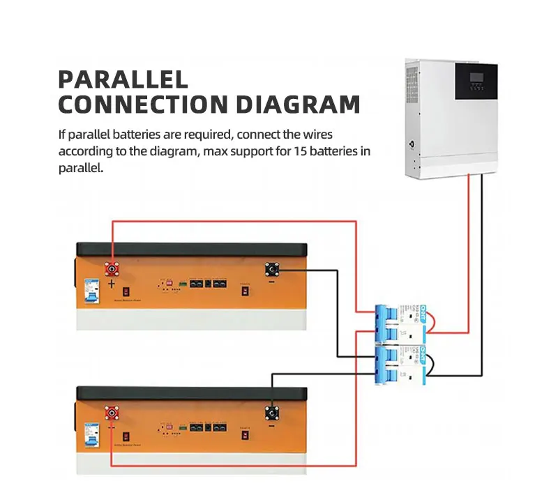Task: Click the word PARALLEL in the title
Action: click(x=123, y=77)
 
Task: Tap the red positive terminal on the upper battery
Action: click(x=112, y=268)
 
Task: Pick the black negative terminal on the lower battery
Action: click(x=271, y=414)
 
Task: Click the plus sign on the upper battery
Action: click(x=112, y=284)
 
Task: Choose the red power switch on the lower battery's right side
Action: click(x=245, y=436)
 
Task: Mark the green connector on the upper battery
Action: click(x=183, y=284)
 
